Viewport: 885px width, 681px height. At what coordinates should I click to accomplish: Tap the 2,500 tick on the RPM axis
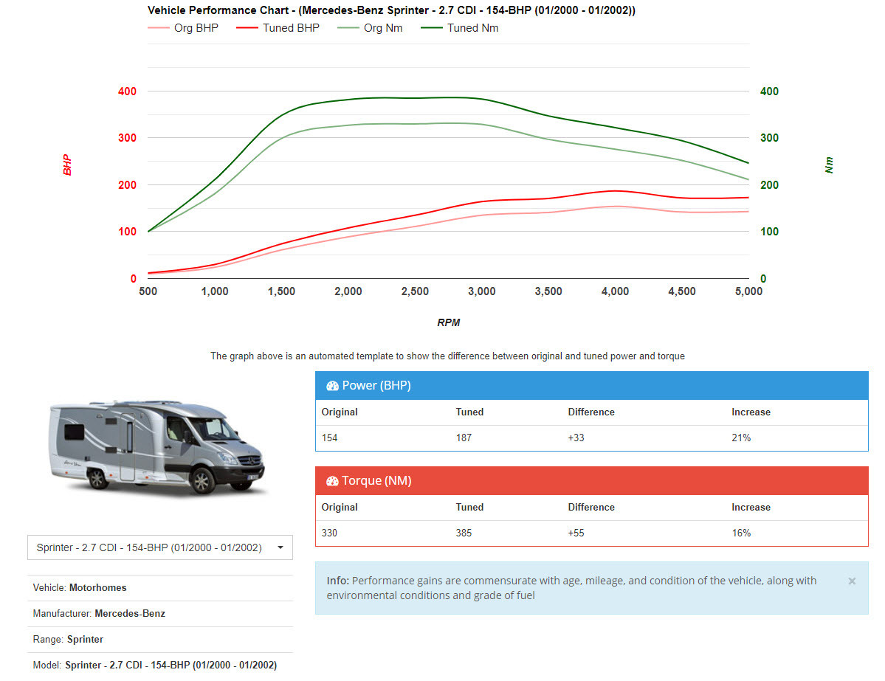tap(415, 291)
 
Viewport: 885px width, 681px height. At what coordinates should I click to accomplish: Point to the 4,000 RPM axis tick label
tap(615, 291)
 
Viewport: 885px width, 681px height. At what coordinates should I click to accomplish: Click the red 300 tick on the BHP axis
tap(126, 138)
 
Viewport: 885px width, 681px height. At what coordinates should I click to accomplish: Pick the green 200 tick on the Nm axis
tap(769, 185)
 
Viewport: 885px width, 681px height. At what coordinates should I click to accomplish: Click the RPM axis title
tap(448, 322)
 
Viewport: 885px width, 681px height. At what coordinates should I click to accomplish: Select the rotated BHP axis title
tap(67, 165)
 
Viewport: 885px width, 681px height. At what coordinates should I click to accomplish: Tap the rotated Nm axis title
tap(829, 165)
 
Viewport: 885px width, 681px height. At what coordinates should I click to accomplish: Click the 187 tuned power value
tap(464, 438)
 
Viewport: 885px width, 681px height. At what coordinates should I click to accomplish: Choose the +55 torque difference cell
tap(576, 533)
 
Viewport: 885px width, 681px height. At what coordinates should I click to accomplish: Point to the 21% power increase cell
tap(741, 438)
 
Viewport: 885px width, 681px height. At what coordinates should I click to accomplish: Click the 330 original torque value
tap(329, 533)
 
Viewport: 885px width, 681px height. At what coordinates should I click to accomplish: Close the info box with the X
tap(852, 581)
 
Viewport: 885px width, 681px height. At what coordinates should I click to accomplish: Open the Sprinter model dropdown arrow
tap(280, 547)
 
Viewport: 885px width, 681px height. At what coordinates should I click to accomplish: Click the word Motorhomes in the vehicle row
tap(98, 588)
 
